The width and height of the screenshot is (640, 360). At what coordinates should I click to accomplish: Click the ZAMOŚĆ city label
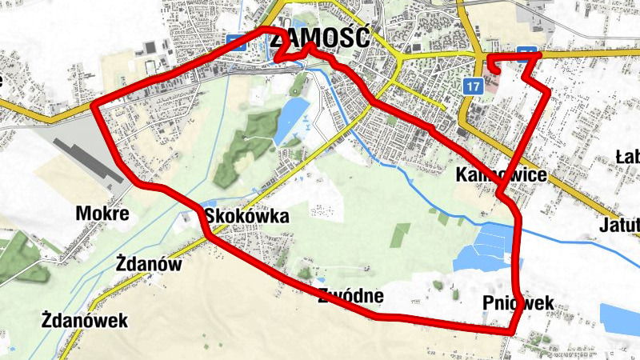coord(330,37)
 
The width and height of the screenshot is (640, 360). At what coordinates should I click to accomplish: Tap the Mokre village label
coord(102,214)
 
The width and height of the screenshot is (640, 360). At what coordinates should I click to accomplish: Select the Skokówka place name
coord(246,216)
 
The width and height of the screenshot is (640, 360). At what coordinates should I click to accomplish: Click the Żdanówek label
coord(85,321)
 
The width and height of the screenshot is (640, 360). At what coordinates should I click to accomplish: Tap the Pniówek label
coord(518,302)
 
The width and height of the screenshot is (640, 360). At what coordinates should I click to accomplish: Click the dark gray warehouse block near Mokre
coord(89,155)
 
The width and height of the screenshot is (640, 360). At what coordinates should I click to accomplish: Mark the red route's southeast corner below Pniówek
coord(514,331)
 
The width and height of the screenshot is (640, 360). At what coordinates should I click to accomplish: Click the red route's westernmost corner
coord(94,107)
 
